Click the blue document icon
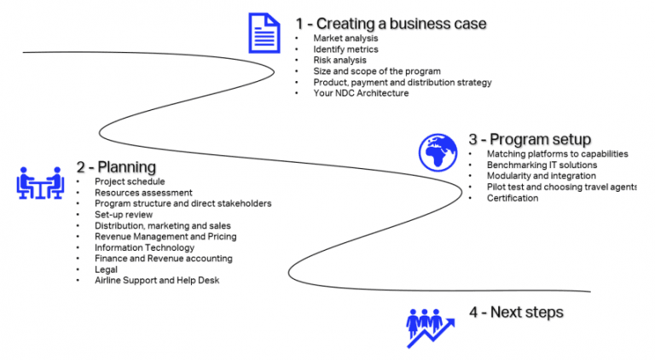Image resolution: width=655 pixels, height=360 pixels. (x=264, y=32)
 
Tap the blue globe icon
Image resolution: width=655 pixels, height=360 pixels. (x=438, y=151)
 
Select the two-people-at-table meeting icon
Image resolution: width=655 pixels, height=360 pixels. (x=40, y=183)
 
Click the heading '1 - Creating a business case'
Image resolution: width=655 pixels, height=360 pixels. (x=391, y=23)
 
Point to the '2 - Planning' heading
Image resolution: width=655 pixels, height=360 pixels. (x=117, y=166)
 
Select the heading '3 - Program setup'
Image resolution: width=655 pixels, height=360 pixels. (x=530, y=139)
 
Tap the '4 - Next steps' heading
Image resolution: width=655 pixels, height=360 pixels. (x=516, y=312)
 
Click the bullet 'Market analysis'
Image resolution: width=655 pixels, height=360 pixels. (x=345, y=38)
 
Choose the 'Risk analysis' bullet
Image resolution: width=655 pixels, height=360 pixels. (x=339, y=61)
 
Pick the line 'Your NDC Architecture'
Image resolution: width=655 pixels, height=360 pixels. (x=361, y=93)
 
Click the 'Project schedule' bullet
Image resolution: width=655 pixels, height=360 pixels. (x=130, y=182)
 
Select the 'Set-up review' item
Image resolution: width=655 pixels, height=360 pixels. (x=124, y=215)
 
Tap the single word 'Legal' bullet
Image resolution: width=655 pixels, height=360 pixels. (x=107, y=270)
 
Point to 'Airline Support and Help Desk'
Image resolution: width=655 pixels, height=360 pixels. (x=157, y=281)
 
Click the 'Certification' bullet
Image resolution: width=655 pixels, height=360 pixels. (x=513, y=198)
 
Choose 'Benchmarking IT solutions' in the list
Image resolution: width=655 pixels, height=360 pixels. (x=542, y=165)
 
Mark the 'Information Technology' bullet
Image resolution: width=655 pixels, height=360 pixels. (x=145, y=247)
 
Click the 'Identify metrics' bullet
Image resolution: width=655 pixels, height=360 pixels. (x=346, y=49)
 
